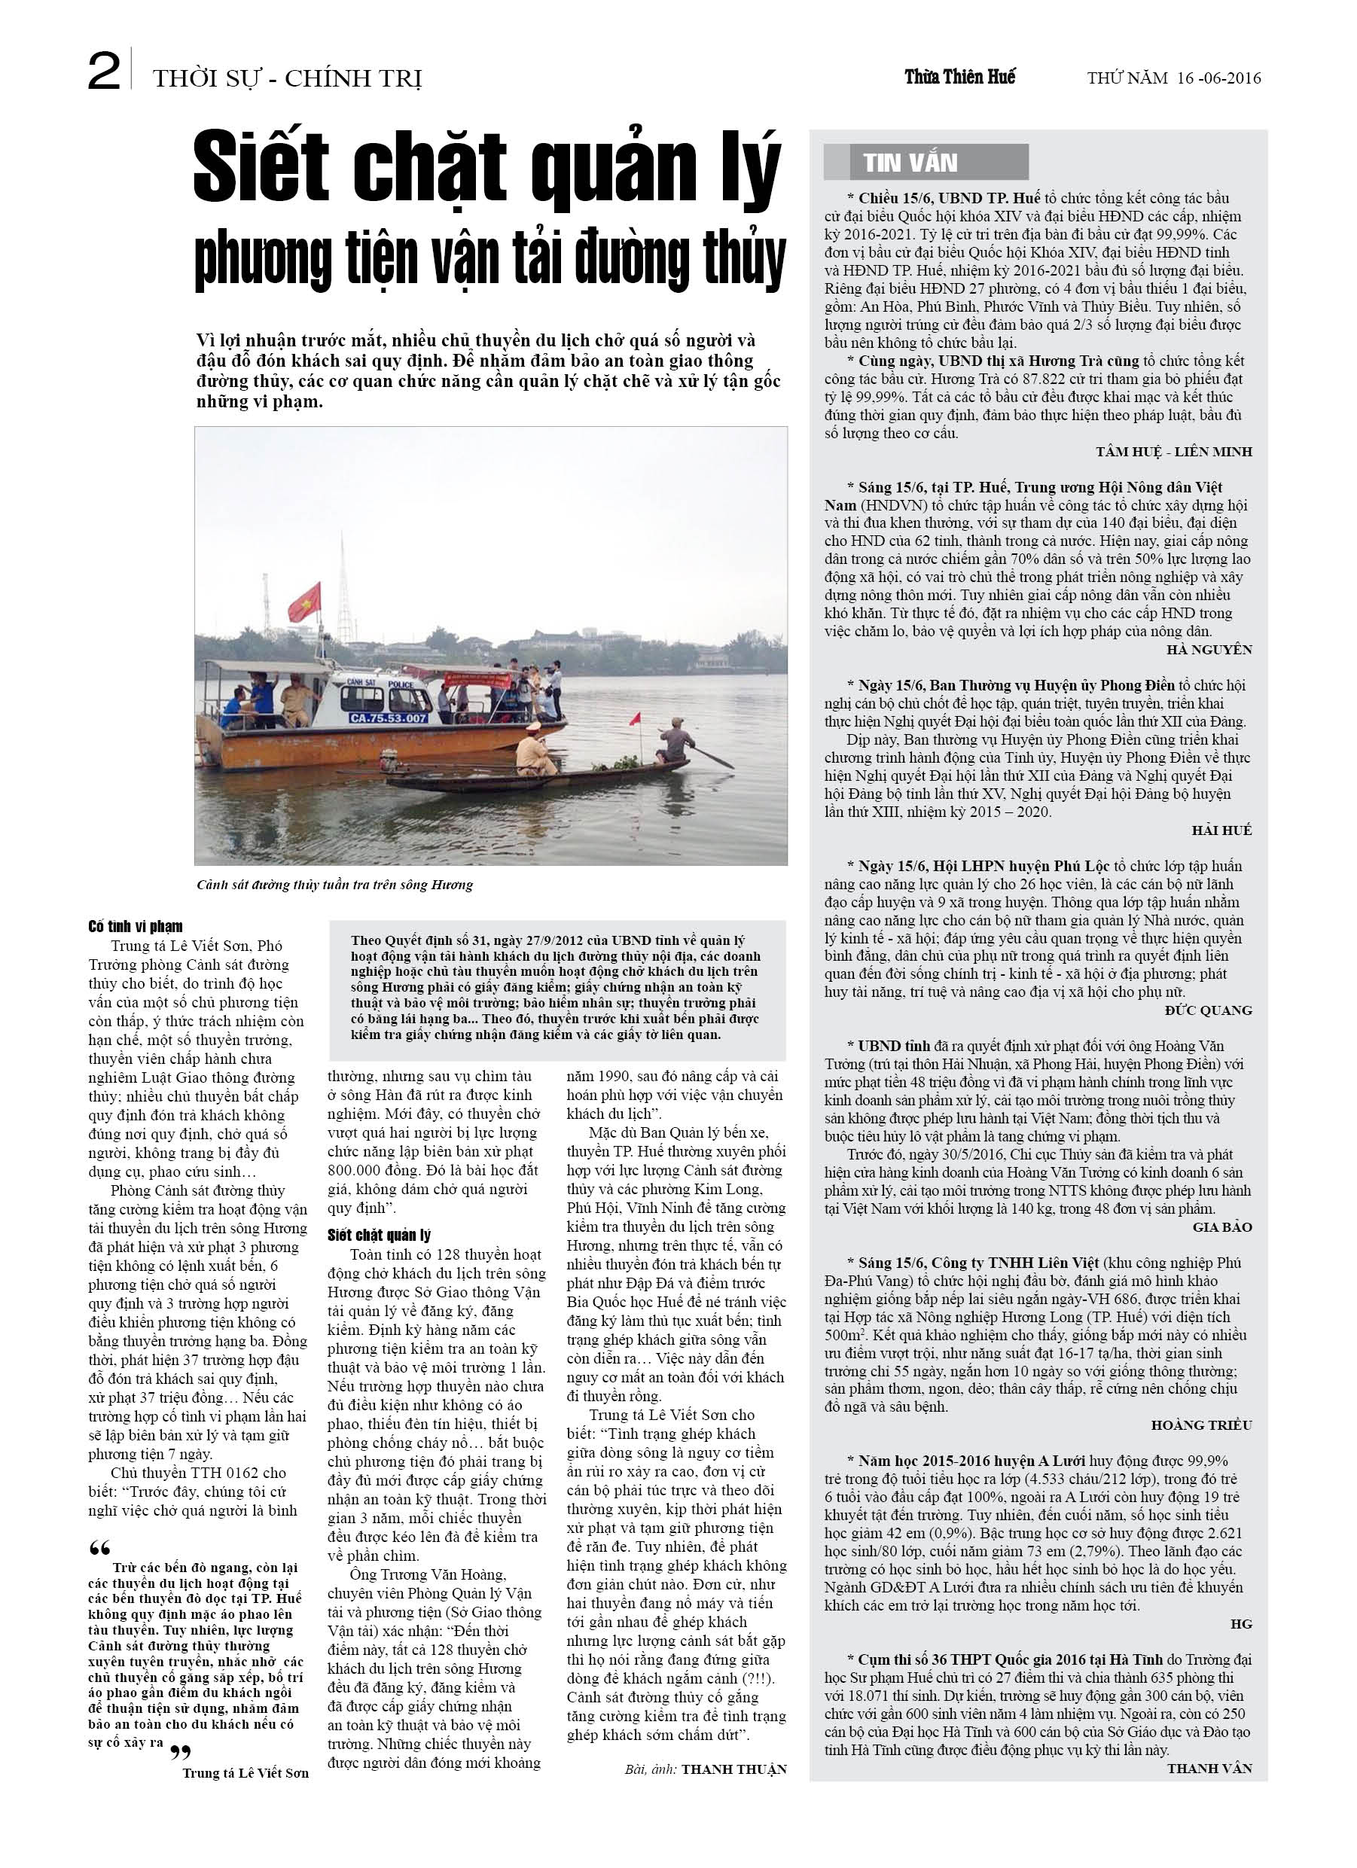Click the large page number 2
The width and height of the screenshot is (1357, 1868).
click(x=105, y=74)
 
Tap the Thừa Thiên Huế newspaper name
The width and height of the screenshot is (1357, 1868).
click(x=960, y=78)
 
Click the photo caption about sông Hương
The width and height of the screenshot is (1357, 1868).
click(x=334, y=885)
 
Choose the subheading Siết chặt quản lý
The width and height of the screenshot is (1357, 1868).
click(x=379, y=1235)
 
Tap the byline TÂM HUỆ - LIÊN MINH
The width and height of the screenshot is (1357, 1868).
click(x=1173, y=451)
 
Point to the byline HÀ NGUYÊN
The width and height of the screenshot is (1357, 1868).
click(x=1209, y=649)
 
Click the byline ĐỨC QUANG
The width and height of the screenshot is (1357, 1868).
click(x=1208, y=1010)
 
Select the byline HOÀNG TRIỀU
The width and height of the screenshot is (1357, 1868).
click(x=1200, y=1425)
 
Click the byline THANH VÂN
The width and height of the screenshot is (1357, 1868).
click(x=1209, y=1768)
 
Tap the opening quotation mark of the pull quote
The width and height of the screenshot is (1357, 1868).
click(x=99, y=1547)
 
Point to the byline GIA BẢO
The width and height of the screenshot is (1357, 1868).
click(x=1222, y=1227)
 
